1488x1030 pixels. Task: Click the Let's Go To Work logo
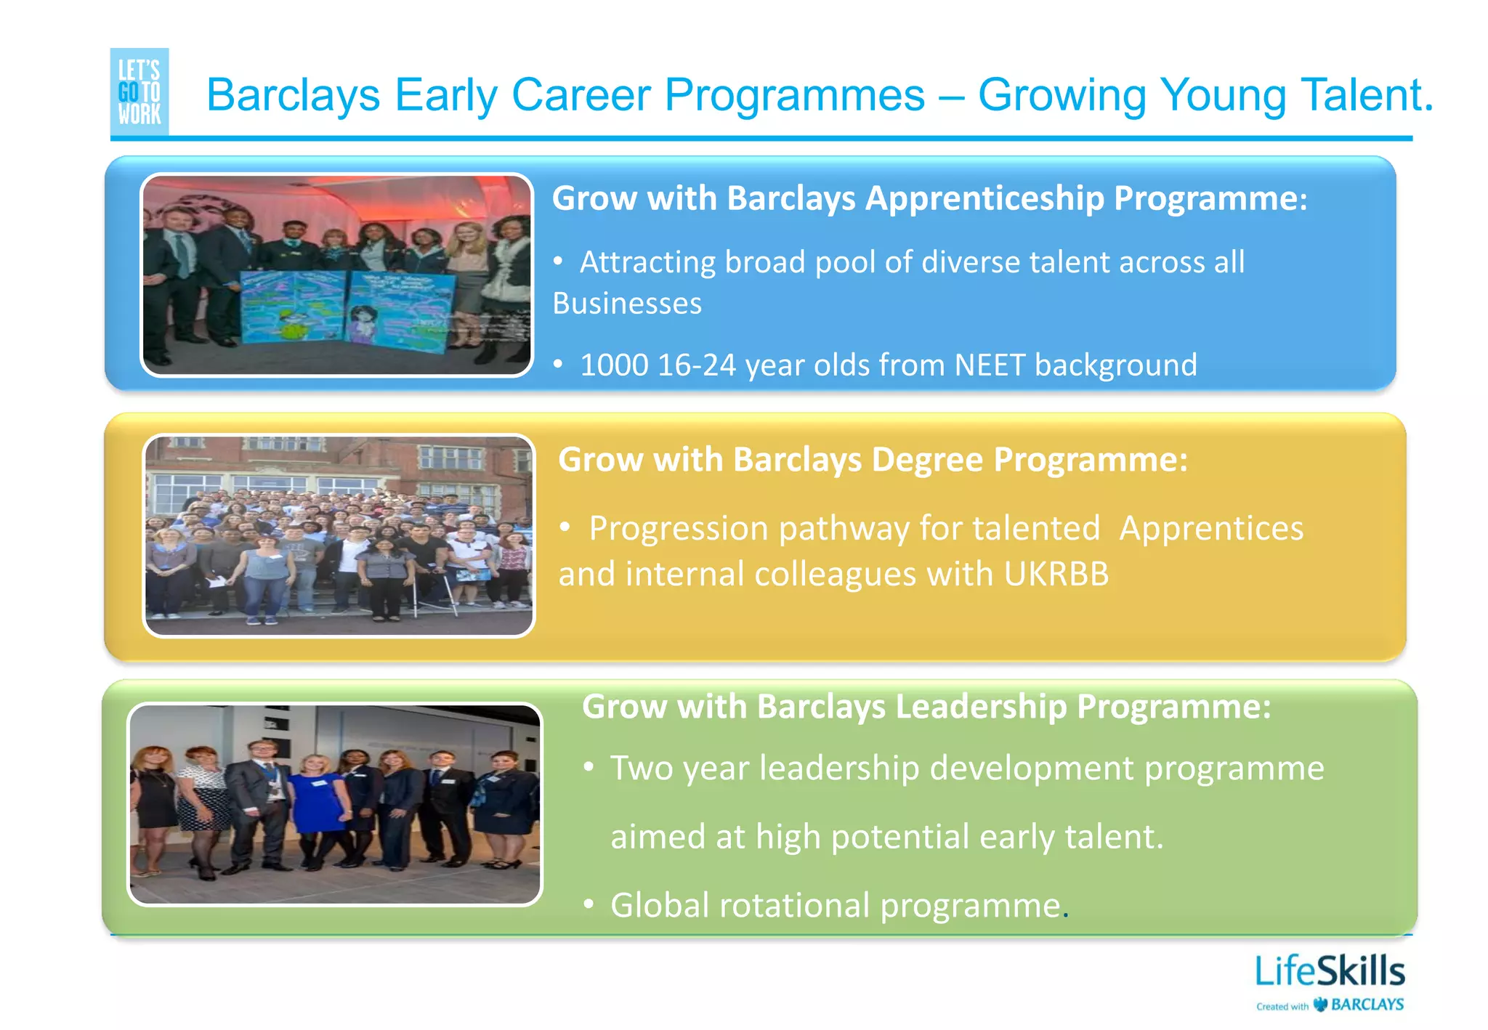[139, 92]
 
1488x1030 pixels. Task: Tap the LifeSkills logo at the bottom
[1330, 972]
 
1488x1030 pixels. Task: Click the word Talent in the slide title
[1366, 95]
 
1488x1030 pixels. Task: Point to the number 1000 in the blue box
[614, 365]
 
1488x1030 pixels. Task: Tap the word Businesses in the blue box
[627, 304]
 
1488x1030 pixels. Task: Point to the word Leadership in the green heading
[980, 707]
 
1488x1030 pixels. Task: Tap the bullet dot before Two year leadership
[589, 767]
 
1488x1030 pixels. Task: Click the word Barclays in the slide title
[294, 95]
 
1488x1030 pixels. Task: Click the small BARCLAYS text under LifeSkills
[1367, 1005]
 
